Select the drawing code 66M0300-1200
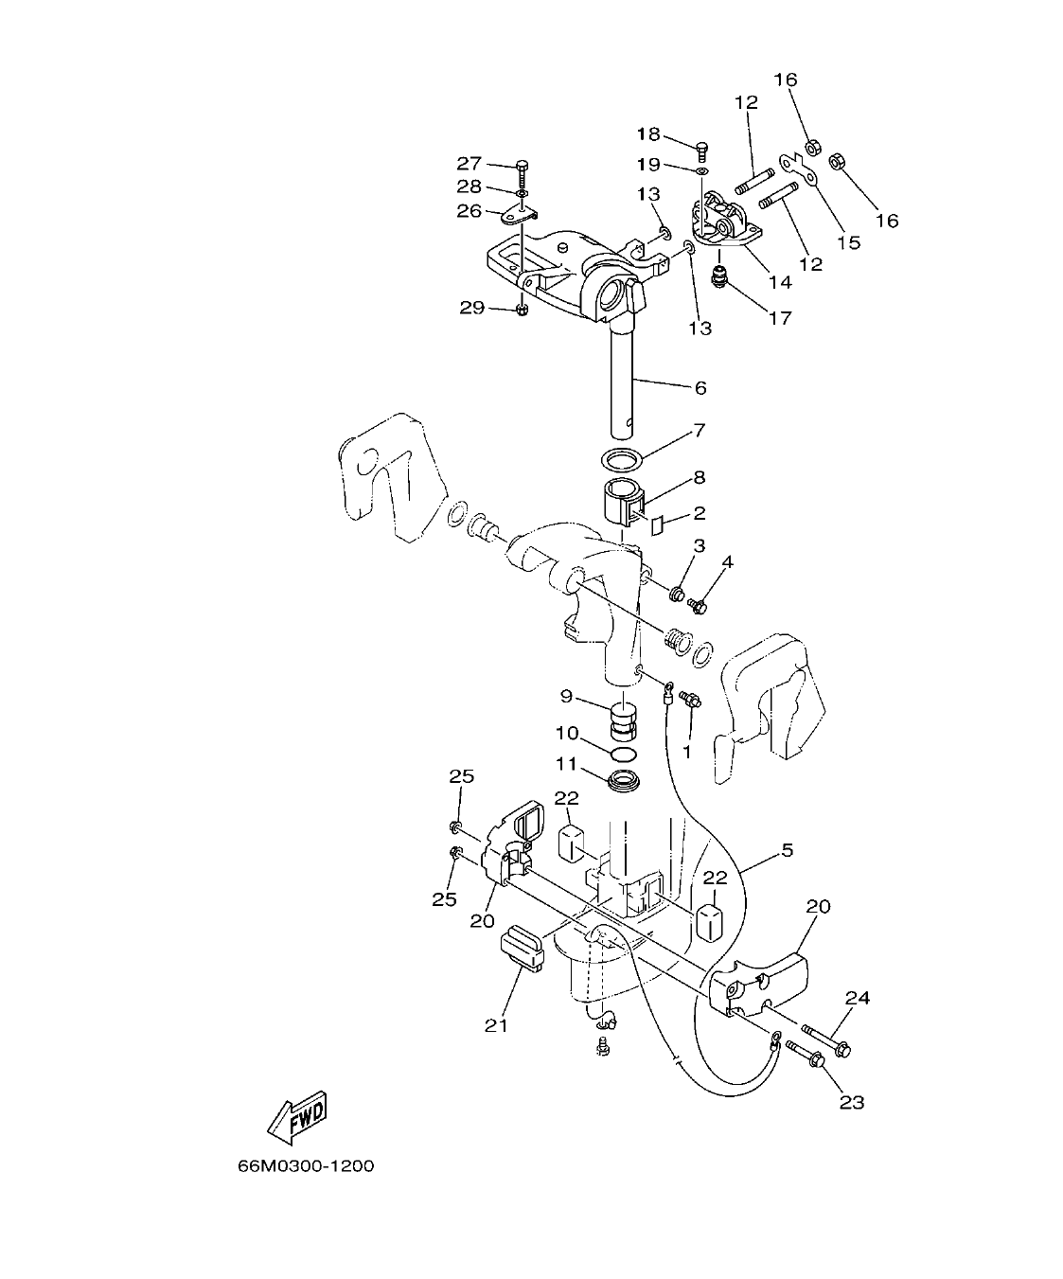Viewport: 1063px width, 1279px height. pyautogui.click(x=306, y=1165)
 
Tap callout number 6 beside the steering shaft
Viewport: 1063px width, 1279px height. pyautogui.click(x=700, y=387)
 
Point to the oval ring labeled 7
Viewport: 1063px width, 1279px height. pyautogui.click(x=621, y=459)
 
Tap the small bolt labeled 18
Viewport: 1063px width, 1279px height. pyautogui.click(x=701, y=148)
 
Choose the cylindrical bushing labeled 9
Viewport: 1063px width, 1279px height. pyautogui.click(x=620, y=720)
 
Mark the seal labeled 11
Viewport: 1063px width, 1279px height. pyautogui.click(x=624, y=783)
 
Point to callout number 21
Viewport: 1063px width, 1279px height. pyautogui.click(x=497, y=1024)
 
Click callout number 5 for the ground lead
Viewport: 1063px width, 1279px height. pyautogui.click(x=787, y=850)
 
